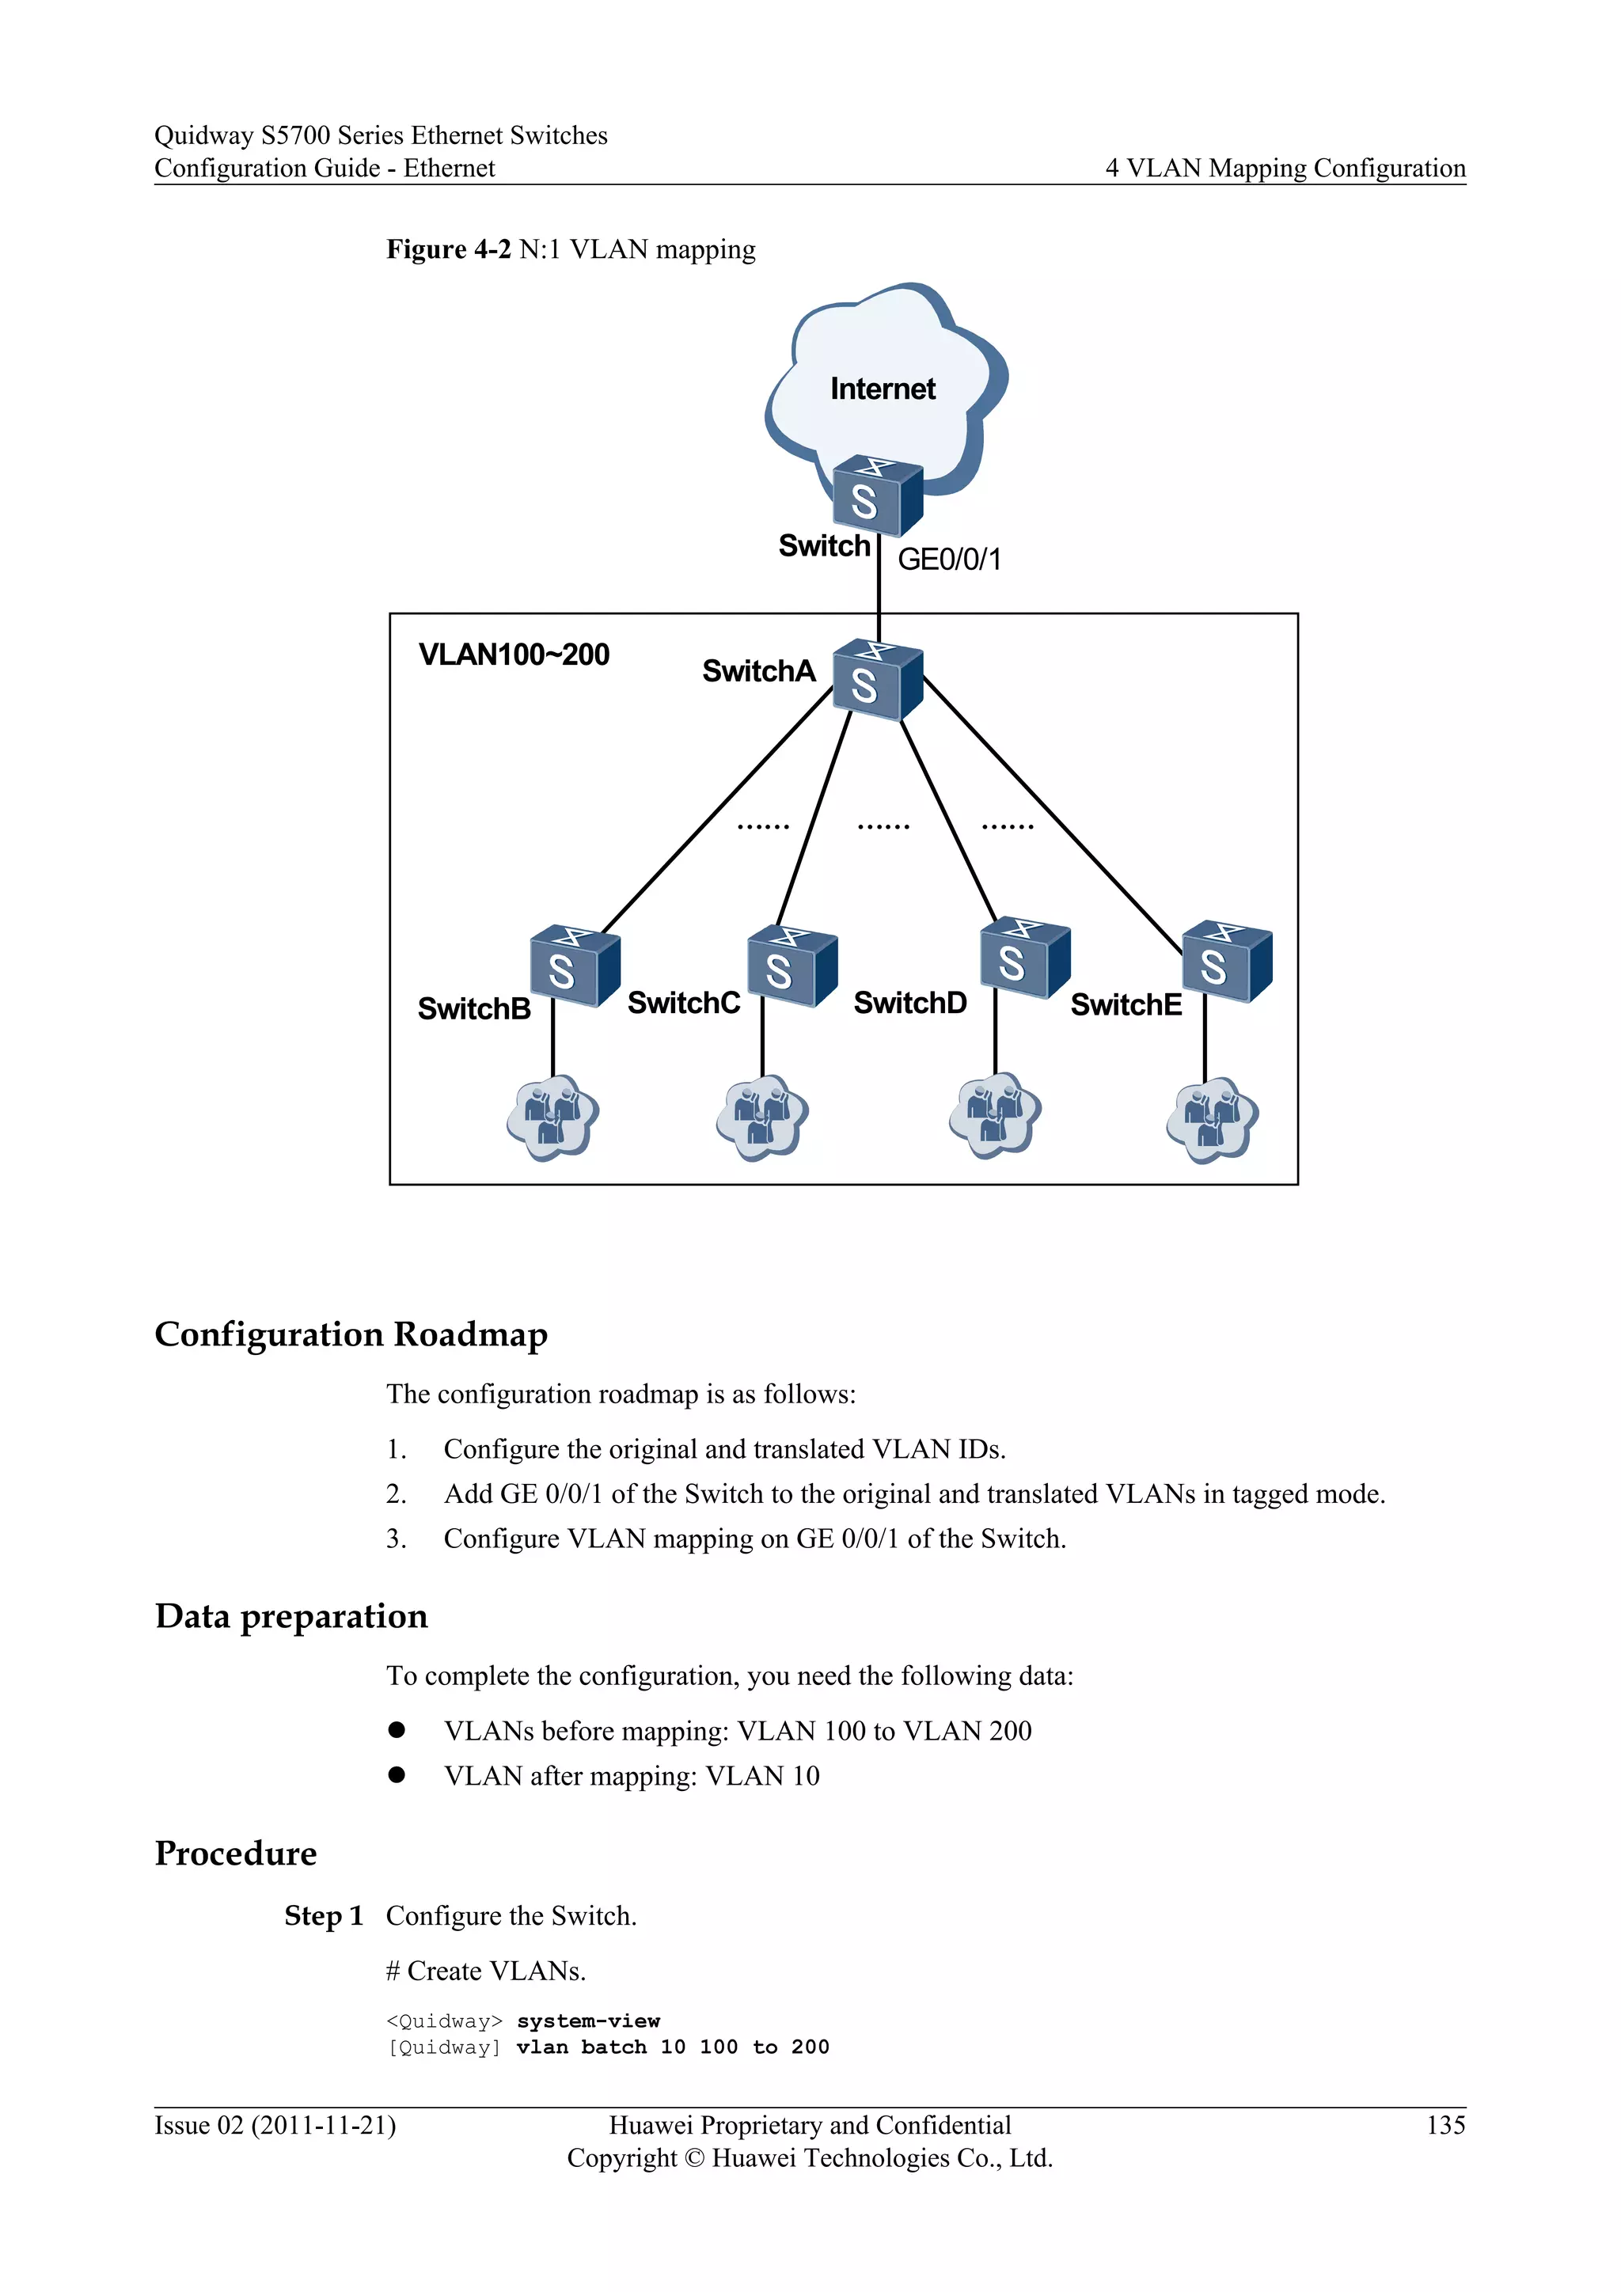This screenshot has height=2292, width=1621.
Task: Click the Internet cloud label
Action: coord(883,389)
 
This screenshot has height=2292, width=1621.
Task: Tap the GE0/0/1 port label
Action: coord(948,559)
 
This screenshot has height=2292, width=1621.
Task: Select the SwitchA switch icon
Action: coord(876,681)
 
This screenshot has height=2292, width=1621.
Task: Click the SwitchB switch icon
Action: coord(574,966)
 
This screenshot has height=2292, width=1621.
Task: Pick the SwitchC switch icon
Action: coord(792,966)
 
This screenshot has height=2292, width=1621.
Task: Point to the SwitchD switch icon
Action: coord(1024,958)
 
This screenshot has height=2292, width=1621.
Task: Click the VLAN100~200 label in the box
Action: coord(514,655)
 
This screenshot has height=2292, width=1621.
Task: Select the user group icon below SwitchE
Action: coord(1212,1119)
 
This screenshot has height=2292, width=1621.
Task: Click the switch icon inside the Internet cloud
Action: coord(876,496)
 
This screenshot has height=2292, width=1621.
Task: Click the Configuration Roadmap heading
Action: coord(351,1334)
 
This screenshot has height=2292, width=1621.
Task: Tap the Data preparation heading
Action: coord(291,1616)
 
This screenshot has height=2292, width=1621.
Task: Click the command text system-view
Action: coord(588,2021)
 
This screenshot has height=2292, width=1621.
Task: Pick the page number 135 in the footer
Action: coord(1445,2125)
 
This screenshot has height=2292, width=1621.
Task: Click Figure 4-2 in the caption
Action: coord(448,249)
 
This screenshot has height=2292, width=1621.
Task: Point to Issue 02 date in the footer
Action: coord(275,2125)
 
